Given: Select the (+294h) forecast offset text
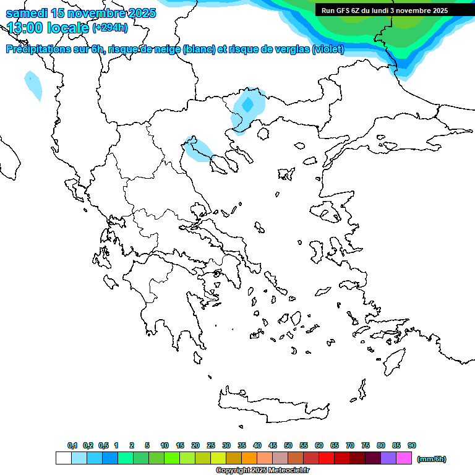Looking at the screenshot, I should (109, 28).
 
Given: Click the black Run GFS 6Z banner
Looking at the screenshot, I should (385, 10).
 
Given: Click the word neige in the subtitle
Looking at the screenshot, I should (165, 49).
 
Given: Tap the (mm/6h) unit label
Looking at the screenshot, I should (431, 459).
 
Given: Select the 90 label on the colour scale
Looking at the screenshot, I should (412, 445).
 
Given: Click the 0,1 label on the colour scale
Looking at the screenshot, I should (72, 445).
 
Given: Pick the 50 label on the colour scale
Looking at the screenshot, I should (288, 445).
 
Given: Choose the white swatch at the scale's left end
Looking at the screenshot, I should (63, 458).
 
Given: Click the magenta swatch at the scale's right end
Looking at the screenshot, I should (404, 458).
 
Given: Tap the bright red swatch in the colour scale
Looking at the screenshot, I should (327, 458).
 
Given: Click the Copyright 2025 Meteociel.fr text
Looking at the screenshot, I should (262, 470).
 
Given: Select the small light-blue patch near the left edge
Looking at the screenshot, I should (33, 85).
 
